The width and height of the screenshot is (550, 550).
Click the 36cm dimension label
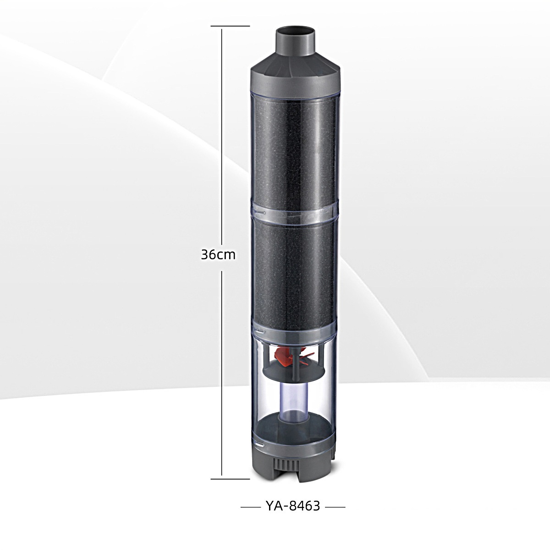tap(218, 255)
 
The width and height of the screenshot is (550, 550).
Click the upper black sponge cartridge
tap(294, 148)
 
